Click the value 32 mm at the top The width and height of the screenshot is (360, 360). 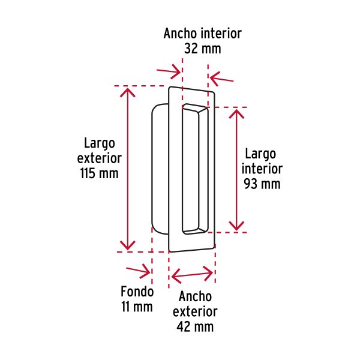(x=203, y=49)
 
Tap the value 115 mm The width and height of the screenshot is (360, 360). (x=100, y=173)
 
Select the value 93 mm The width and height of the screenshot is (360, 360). (x=262, y=184)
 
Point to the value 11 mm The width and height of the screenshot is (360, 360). (x=137, y=307)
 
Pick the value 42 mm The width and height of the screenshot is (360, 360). (x=195, y=326)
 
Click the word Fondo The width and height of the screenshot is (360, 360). (x=137, y=292)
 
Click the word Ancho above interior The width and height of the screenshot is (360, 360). (x=180, y=34)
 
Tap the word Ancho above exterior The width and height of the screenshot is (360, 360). (x=195, y=296)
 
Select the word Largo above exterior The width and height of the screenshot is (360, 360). (x=100, y=144)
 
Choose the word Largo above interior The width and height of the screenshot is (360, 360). (x=260, y=154)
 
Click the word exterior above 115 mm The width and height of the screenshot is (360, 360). (x=100, y=158)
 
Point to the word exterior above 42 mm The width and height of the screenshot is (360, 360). (x=195, y=311)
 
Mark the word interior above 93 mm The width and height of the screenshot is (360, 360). (x=262, y=169)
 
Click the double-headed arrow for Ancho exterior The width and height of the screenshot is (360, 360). (x=192, y=274)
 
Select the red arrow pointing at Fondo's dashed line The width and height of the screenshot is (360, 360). (x=138, y=271)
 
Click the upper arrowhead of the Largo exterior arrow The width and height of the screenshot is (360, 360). (x=127, y=92)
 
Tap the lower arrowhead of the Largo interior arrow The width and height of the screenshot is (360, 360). (x=236, y=226)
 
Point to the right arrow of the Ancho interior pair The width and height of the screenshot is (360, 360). (x=221, y=79)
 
